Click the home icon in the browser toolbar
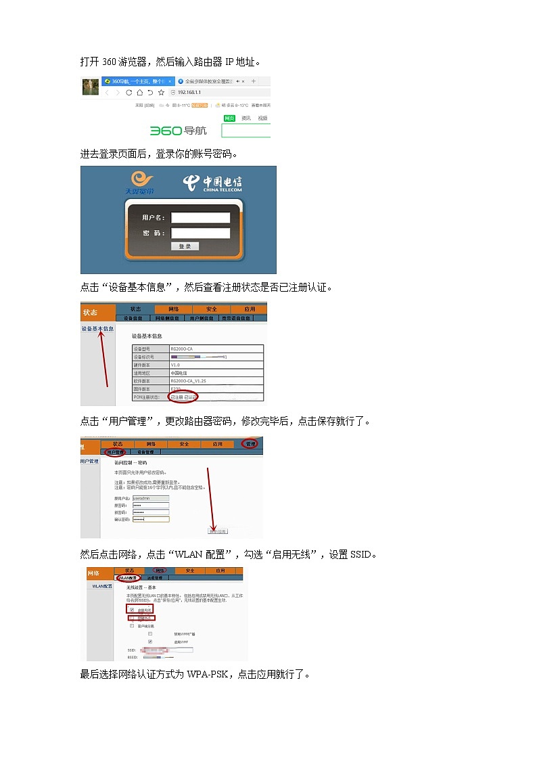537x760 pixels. pos(139,92)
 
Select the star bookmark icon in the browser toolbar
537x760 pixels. pos(161,92)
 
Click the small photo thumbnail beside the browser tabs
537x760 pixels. pos(90,86)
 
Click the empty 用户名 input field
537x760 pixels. pos(200,218)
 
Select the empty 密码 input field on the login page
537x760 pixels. pos(200,233)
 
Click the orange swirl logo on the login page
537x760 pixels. pos(141,181)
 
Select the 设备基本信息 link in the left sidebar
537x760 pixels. pos(98,329)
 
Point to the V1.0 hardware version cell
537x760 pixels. pos(176,365)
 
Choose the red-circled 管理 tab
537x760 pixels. pos(251,444)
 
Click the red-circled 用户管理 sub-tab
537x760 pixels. pos(114,451)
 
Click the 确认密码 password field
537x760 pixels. pos(151,519)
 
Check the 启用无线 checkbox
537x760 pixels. pos(132,609)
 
